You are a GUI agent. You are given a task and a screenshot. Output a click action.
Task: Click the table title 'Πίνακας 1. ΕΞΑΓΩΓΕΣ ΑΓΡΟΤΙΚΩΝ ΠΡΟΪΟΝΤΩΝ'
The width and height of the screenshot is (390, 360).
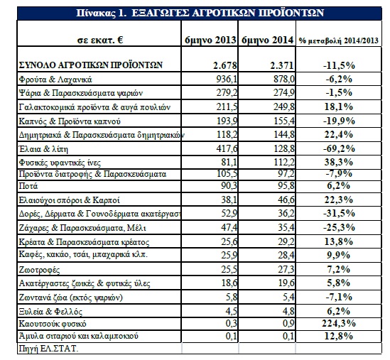pos(200,13)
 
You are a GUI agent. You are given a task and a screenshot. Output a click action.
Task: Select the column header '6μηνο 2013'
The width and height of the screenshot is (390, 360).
pos(210,40)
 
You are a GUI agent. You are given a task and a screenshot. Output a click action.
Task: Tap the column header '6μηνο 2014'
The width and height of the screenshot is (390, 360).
pos(267,40)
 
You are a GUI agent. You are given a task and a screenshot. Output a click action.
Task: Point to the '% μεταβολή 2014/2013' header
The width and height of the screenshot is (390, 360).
pos(339,40)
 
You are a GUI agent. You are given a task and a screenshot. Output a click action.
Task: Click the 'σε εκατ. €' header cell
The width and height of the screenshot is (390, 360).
pos(100,40)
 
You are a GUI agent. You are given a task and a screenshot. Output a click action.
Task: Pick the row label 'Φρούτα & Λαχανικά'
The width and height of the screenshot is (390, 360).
pos(55,80)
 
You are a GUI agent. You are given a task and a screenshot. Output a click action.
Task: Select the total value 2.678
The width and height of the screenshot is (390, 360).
pos(225,65)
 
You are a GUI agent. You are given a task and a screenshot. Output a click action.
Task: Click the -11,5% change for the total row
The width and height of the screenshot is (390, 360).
pos(339,65)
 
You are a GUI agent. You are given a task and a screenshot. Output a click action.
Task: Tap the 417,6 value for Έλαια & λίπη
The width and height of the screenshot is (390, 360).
pos(227,148)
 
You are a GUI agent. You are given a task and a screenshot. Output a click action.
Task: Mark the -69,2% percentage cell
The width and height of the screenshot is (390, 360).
pos(339,148)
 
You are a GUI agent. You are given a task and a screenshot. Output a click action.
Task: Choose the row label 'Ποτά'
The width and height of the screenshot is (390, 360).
pos(28,186)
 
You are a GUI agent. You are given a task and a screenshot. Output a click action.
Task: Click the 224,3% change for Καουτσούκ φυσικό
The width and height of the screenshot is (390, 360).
pos(339,323)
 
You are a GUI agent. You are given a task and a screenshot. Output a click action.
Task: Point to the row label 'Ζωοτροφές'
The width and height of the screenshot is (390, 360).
pos(39,270)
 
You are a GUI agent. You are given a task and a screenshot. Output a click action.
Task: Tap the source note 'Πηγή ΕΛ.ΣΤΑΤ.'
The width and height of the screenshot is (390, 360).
pos(48,349)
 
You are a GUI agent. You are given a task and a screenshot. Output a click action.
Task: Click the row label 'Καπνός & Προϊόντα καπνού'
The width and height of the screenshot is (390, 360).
pos(70,121)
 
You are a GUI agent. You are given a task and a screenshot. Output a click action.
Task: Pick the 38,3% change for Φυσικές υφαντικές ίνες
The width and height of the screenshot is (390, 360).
pos(339,163)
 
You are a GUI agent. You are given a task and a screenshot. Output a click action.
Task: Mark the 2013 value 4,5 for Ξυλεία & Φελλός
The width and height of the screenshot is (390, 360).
pos(232,311)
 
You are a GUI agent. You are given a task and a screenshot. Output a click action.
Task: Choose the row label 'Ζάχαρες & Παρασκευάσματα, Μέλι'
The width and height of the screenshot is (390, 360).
pos(82,228)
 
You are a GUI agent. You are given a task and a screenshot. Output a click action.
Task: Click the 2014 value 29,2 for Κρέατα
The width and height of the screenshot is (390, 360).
pos(286,241)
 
